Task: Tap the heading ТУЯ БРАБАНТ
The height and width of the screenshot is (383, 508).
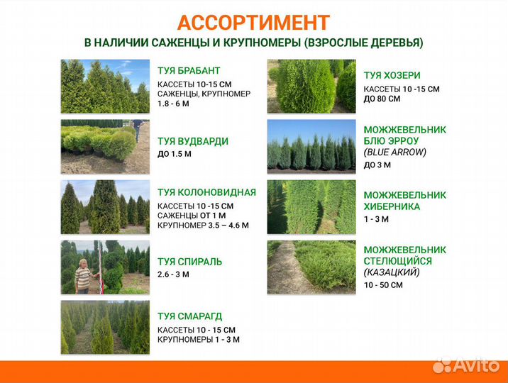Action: coord(189,71)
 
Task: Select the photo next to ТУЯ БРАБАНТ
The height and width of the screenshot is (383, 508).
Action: coord(105,86)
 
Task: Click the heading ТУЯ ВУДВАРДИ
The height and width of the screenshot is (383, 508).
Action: coord(192,141)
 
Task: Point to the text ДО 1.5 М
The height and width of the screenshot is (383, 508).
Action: coord(175,154)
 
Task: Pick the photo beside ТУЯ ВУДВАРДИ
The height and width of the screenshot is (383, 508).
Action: coord(105,146)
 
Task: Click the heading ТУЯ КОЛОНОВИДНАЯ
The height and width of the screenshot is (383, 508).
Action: coord(206,192)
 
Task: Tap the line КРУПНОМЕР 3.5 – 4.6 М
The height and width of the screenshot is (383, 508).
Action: coord(203,226)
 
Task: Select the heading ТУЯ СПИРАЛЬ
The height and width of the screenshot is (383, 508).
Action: coord(189,262)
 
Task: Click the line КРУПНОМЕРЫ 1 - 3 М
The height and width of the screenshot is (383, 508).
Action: coord(199,340)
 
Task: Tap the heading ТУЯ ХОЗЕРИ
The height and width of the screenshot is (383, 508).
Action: coord(392,75)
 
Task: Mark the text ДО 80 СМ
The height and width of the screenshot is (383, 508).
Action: coord(382,99)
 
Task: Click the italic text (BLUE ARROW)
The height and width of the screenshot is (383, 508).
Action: coord(395,152)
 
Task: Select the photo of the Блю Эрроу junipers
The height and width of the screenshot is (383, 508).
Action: coord(311,146)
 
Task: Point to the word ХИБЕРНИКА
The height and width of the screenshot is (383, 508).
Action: coord(392,206)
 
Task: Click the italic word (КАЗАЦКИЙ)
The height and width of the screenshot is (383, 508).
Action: coord(392,272)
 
